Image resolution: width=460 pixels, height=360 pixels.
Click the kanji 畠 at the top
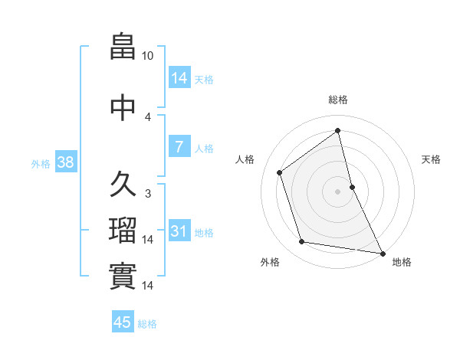click(x=123, y=47)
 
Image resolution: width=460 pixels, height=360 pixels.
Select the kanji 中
click(x=123, y=106)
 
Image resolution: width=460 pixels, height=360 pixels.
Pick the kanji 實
click(x=123, y=276)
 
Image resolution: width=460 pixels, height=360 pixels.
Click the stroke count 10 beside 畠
click(x=148, y=56)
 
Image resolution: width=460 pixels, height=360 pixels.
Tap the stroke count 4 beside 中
click(x=148, y=116)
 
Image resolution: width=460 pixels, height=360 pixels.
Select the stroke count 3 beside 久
click(x=148, y=194)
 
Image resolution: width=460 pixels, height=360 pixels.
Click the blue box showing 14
click(x=179, y=78)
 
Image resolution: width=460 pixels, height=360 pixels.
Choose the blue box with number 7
click(x=179, y=147)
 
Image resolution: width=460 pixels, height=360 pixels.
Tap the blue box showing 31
click(x=179, y=231)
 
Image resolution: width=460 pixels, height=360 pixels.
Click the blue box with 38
click(x=65, y=162)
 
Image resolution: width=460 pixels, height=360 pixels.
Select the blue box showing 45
click(x=123, y=322)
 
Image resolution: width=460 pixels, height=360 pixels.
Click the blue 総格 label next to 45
click(x=147, y=324)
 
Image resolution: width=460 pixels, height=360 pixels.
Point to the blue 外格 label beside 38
click(x=41, y=163)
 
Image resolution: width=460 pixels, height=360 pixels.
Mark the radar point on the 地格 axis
click(x=382, y=252)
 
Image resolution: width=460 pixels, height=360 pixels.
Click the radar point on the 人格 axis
click(x=280, y=172)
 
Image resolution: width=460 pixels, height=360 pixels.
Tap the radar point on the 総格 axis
click(x=338, y=130)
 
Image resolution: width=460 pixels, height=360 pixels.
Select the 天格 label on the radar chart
click(x=431, y=159)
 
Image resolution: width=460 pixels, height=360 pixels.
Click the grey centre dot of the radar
click(x=338, y=191)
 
